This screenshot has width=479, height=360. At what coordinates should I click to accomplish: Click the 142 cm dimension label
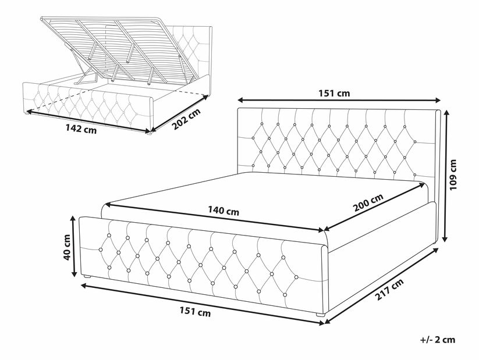click(81, 129)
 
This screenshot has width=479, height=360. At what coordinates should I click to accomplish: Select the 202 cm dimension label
click(186, 119)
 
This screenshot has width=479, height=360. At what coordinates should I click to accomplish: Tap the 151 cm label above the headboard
click(334, 93)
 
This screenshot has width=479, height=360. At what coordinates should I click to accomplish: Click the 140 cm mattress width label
click(223, 211)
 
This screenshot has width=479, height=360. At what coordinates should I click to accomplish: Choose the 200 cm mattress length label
click(368, 203)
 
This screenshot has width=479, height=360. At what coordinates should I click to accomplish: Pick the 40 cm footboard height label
click(67, 247)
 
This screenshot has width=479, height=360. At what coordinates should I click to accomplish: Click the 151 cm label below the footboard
click(195, 312)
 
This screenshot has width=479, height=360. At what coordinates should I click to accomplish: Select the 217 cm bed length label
click(389, 289)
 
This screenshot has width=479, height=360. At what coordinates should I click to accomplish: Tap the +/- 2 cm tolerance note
click(438, 340)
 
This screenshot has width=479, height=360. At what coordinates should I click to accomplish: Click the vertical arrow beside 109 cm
click(445, 176)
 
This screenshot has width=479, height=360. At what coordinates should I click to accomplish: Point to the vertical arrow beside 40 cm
click(73, 246)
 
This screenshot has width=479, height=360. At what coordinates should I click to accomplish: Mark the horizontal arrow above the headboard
click(339, 100)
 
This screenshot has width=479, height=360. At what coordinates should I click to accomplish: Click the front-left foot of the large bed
click(88, 276)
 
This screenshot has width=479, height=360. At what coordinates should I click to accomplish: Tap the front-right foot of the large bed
click(320, 314)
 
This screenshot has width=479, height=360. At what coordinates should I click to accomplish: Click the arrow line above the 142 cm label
click(87, 121)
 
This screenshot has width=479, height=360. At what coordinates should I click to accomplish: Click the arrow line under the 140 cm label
click(214, 218)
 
